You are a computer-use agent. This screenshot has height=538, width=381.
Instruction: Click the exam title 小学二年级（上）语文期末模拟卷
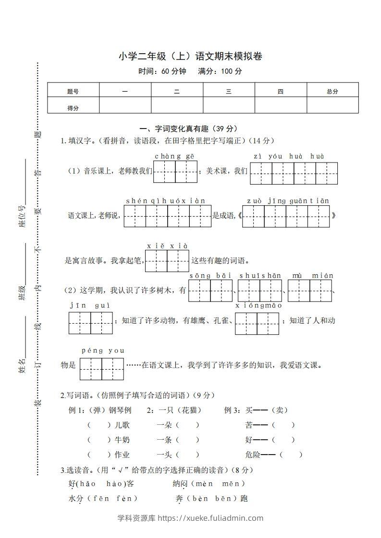(x=190, y=57)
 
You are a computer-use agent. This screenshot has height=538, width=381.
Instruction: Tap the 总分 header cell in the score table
(x=332, y=91)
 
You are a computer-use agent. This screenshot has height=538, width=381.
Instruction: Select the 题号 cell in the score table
(x=73, y=91)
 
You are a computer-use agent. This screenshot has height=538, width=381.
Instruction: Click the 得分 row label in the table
(x=73, y=108)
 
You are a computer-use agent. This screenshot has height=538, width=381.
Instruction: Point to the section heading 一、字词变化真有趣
(x=188, y=129)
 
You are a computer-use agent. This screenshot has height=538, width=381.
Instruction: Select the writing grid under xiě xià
(x=167, y=260)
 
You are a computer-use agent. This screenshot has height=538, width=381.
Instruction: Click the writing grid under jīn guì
(x=90, y=323)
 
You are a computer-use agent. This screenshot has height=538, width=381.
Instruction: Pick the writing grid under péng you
(x=101, y=369)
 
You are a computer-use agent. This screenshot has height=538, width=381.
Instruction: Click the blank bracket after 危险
(x=291, y=455)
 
